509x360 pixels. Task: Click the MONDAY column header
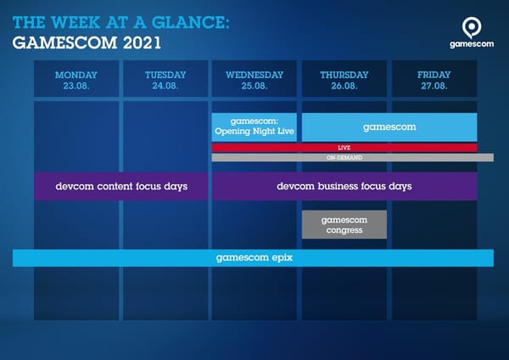tap(77, 75)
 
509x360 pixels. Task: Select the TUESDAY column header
tap(165, 75)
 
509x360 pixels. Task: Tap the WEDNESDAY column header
tap(255, 75)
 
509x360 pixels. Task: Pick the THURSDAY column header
tap(344, 75)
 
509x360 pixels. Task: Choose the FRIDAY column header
tap(433, 75)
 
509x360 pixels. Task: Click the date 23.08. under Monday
tap(77, 86)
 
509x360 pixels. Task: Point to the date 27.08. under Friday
tap(433, 86)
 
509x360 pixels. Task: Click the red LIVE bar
tap(344, 147)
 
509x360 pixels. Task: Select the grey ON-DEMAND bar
tap(344, 157)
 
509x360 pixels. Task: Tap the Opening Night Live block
tap(255, 127)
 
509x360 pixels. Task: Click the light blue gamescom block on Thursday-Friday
tap(389, 127)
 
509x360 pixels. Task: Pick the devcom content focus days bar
tap(120, 186)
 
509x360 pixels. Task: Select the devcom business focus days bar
tap(344, 186)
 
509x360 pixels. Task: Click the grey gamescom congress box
tap(344, 224)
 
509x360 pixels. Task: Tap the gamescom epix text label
tap(254, 257)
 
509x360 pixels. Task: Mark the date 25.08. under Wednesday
tap(255, 86)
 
